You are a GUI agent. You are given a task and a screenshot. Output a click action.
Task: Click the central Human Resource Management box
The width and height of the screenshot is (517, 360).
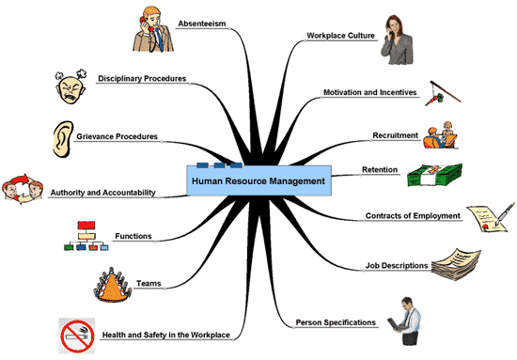coord(258,180)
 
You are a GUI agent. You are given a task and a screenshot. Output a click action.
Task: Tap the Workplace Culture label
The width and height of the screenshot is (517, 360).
coord(340,36)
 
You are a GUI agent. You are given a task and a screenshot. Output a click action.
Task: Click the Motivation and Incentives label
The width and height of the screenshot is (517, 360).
coord(370,93)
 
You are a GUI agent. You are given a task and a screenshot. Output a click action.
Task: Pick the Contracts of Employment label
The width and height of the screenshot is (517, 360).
coord(413,216)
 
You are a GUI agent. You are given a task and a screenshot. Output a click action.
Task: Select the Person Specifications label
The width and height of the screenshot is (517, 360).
coord(336,322)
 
